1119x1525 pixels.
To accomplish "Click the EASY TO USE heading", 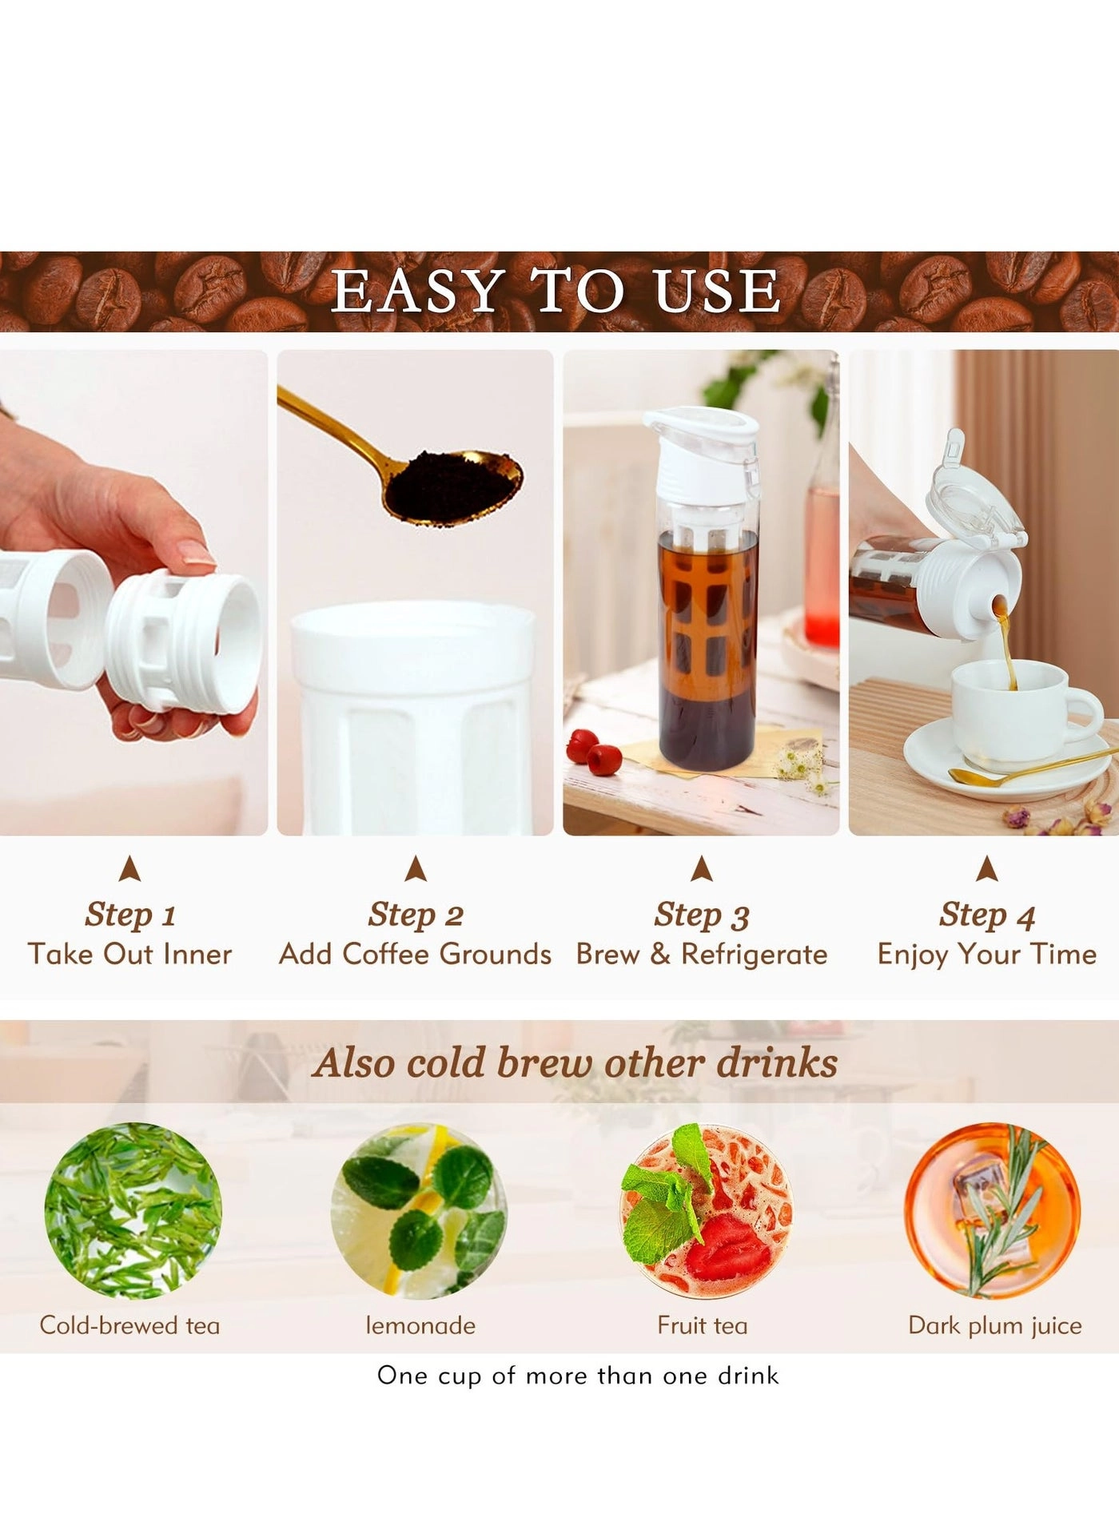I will pos(556,291).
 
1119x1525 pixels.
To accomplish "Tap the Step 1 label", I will pos(129,915).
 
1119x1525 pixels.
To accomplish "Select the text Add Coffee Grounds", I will pos(415,955).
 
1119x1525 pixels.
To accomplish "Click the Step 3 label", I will pos(701,915).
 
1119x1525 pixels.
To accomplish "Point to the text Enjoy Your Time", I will pos(986,955).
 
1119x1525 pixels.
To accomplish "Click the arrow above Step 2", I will pos(415,869).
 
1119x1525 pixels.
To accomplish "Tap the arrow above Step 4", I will pos(987,869).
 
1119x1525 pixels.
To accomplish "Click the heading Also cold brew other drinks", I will pos(575,1063).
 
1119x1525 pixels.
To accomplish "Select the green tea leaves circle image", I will pos(133,1210).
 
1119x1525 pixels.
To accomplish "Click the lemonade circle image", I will pos(418,1210).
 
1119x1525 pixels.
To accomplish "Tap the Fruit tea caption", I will pos(702,1326).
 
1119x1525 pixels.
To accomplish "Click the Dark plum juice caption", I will pos(994,1326).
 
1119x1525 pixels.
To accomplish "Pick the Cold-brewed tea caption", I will pos(129,1326).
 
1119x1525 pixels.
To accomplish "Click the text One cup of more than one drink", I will pos(578,1376).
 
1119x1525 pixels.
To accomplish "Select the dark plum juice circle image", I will pos(991,1210).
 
